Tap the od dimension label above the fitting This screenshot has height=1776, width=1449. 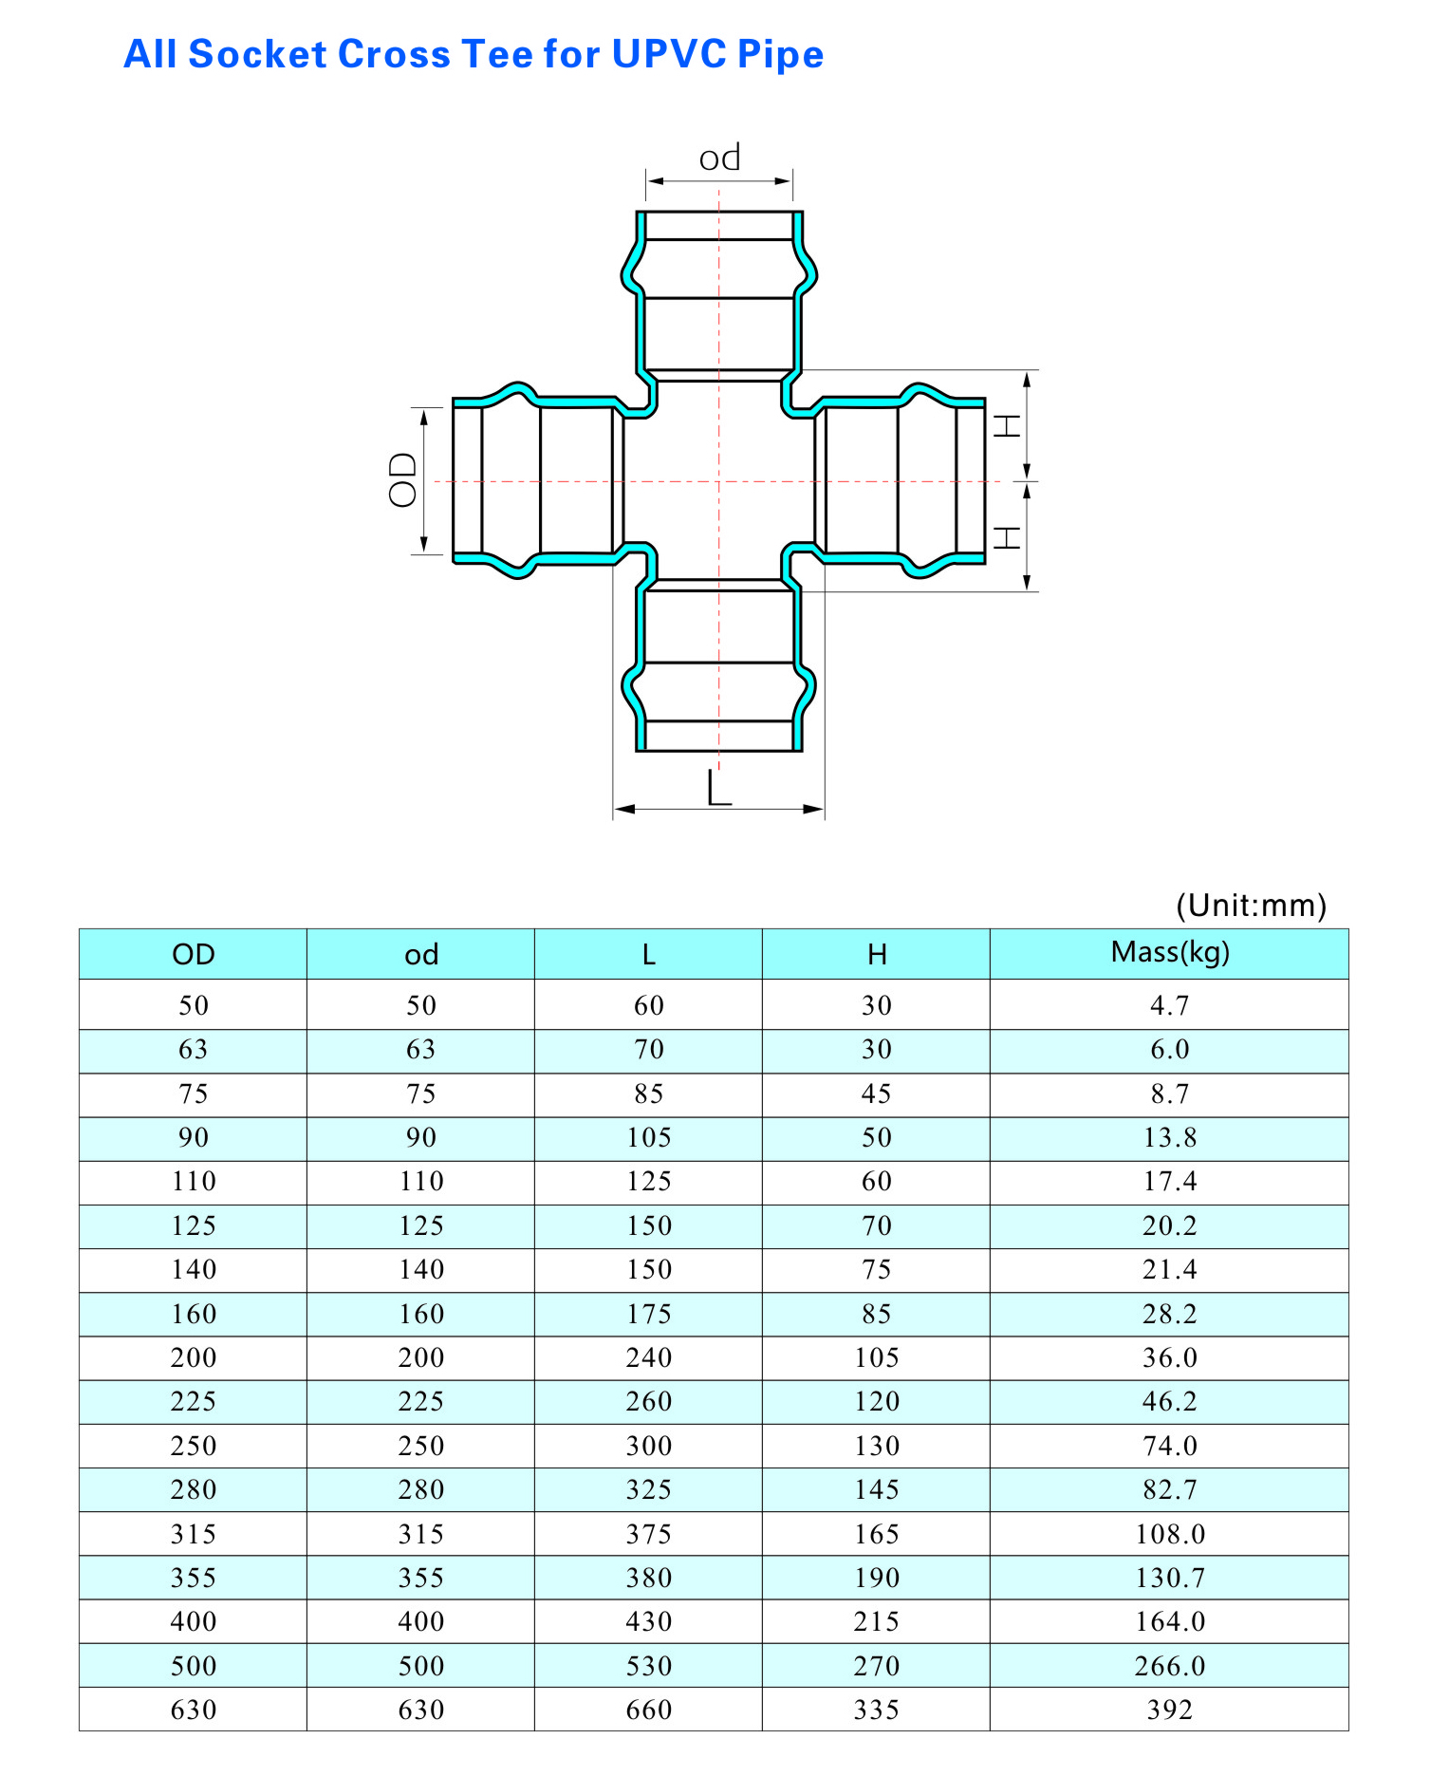(719, 158)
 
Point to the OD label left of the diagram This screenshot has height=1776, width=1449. (403, 479)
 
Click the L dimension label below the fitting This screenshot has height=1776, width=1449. (719, 788)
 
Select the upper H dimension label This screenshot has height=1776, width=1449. (1007, 426)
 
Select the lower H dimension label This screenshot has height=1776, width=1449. (1007, 538)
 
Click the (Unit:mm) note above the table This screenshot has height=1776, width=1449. (1251, 905)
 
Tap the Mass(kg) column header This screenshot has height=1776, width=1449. (1169, 952)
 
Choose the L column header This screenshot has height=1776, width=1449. (648, 954)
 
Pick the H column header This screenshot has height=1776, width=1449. (876, 954)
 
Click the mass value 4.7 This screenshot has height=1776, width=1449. (1169, 1005)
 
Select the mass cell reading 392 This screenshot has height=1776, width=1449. (1169, 1710)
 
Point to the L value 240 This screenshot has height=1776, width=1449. (648, 1357)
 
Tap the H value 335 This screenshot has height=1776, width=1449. (876, 1710)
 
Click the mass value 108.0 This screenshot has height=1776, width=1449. (1169, 1534)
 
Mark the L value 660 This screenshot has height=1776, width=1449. (648, 1710)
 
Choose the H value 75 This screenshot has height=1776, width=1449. (876, 1269)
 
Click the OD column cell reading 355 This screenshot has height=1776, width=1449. (194, 1578)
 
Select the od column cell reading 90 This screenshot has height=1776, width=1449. (420, 1137)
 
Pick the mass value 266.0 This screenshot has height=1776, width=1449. (1169, 1666)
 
